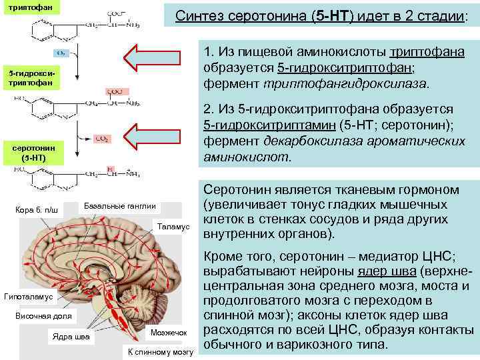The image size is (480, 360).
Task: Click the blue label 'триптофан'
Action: [x=26, y=7]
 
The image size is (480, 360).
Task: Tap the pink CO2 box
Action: [x=103, y=139]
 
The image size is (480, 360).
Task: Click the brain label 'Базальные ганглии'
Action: [x=121, y=205]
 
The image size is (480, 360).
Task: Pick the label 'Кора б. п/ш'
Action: [x=37, y=211]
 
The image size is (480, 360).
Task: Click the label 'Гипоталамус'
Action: [x=33, y=295]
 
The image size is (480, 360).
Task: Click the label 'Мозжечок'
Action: [x=164, y=331]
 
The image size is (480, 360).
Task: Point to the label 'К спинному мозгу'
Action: [x=160, y=351]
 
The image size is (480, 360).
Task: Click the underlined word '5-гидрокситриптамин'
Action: [x=267, y=125]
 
